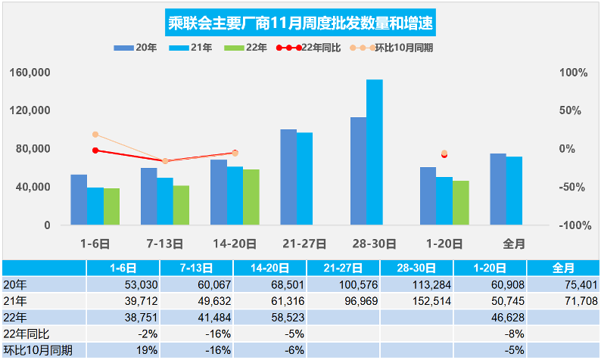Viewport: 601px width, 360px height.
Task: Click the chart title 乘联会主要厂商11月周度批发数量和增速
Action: coord(300,23)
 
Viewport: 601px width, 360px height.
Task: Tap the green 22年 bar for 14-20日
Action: coord(251,197)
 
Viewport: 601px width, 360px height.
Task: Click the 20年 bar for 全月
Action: coord(497,189)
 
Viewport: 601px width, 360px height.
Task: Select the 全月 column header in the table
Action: coord(562,268)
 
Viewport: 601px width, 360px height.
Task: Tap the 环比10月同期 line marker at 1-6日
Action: coord(95,135)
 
